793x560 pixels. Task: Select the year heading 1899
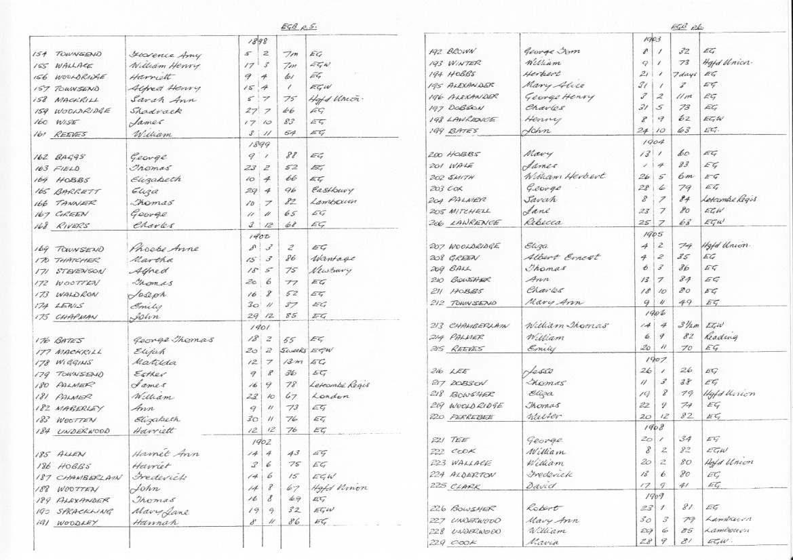(256, 144)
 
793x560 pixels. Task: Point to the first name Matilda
(149, 363)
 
